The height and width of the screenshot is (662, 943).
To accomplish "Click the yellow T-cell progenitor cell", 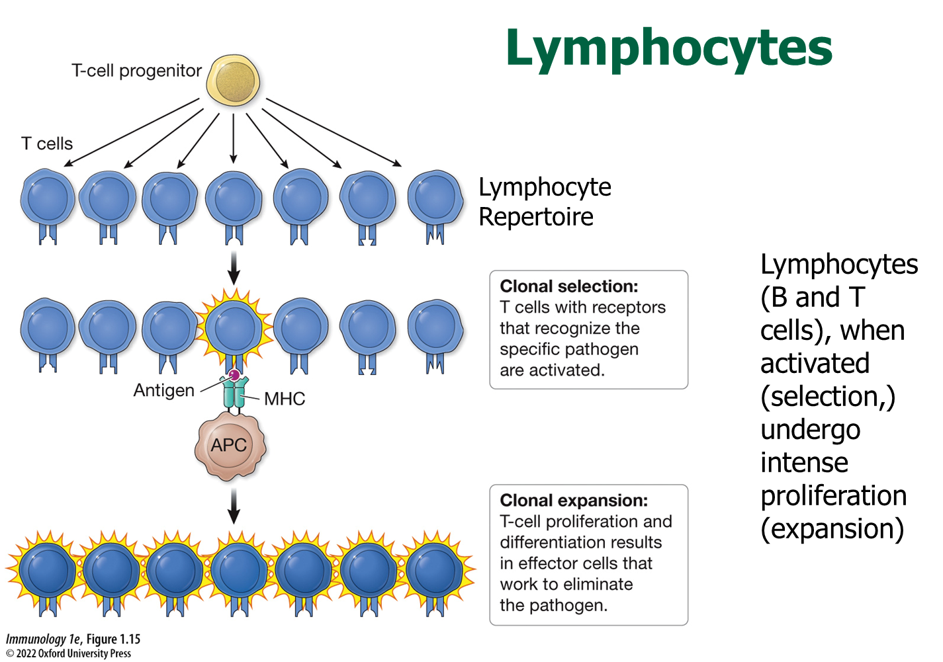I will tap(233, 81).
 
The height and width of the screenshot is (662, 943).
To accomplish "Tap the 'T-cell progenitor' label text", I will tap(136, 71).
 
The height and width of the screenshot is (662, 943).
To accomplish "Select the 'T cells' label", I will tap(47, 144).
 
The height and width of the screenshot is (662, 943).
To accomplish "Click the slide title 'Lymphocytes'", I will tap(668, 48).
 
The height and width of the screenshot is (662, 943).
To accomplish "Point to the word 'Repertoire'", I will tap(536, 217).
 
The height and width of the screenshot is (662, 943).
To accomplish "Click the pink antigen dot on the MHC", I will tap(234, 375).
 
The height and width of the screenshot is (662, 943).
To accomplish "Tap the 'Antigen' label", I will tap(164, 390).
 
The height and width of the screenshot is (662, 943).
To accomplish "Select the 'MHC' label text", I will tap(285, 399).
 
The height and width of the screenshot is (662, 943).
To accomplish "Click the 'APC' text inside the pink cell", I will tap(229, 445).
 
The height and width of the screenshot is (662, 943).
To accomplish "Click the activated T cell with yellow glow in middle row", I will tap(234, 327).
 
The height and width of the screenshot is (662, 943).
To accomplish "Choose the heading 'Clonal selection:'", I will tap(569, 286).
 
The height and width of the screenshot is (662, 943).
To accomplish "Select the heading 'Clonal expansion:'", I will tap(574, 501).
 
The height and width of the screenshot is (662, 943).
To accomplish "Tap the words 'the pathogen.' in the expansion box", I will tap(553, 605).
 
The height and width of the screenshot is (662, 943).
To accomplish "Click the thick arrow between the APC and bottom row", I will tap(234, 506).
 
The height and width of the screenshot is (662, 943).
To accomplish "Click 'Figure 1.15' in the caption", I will tap(113, 640).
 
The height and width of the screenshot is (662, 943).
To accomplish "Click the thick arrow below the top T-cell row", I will tap(234, 267).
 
